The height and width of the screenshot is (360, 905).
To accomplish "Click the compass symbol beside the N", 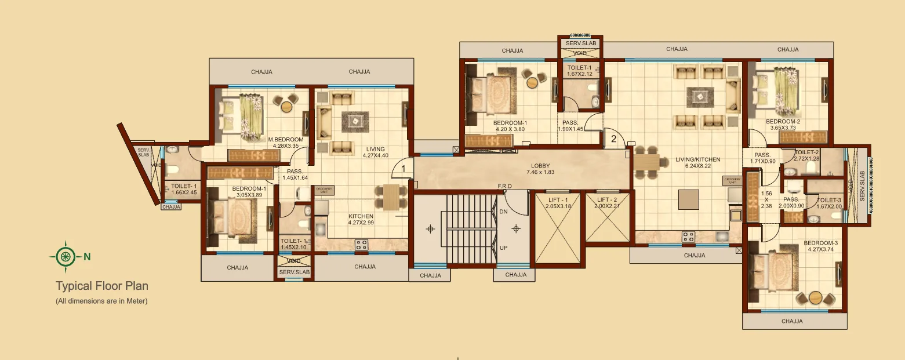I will [x=66, y=256].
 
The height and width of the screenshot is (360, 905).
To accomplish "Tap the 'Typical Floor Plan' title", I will [x=102, y=286].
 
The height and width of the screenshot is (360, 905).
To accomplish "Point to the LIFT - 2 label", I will [x=606, y=203].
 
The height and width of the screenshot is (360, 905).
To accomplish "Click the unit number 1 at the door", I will [x=404, y=170].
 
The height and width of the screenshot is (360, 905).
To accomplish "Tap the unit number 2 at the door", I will [x=613, y=139].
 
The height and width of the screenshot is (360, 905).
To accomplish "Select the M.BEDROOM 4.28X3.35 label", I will [x=286, y=143].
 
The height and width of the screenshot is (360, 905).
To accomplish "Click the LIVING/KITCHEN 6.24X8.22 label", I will [x=697, y=163].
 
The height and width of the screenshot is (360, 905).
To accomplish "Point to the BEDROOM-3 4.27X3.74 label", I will [x=820, y=246].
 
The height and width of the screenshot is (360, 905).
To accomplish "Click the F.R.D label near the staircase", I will [x=505, y=186].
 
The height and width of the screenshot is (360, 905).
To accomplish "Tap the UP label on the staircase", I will [x=504, y=248].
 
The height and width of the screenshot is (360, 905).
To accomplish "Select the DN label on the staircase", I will [x=504, y=212].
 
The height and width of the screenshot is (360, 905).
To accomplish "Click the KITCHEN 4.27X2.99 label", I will [x=361, y=219].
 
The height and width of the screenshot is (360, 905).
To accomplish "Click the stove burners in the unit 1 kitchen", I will [x=362, y=245].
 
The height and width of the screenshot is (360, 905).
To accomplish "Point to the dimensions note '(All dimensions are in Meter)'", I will [x=101, y=301].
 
